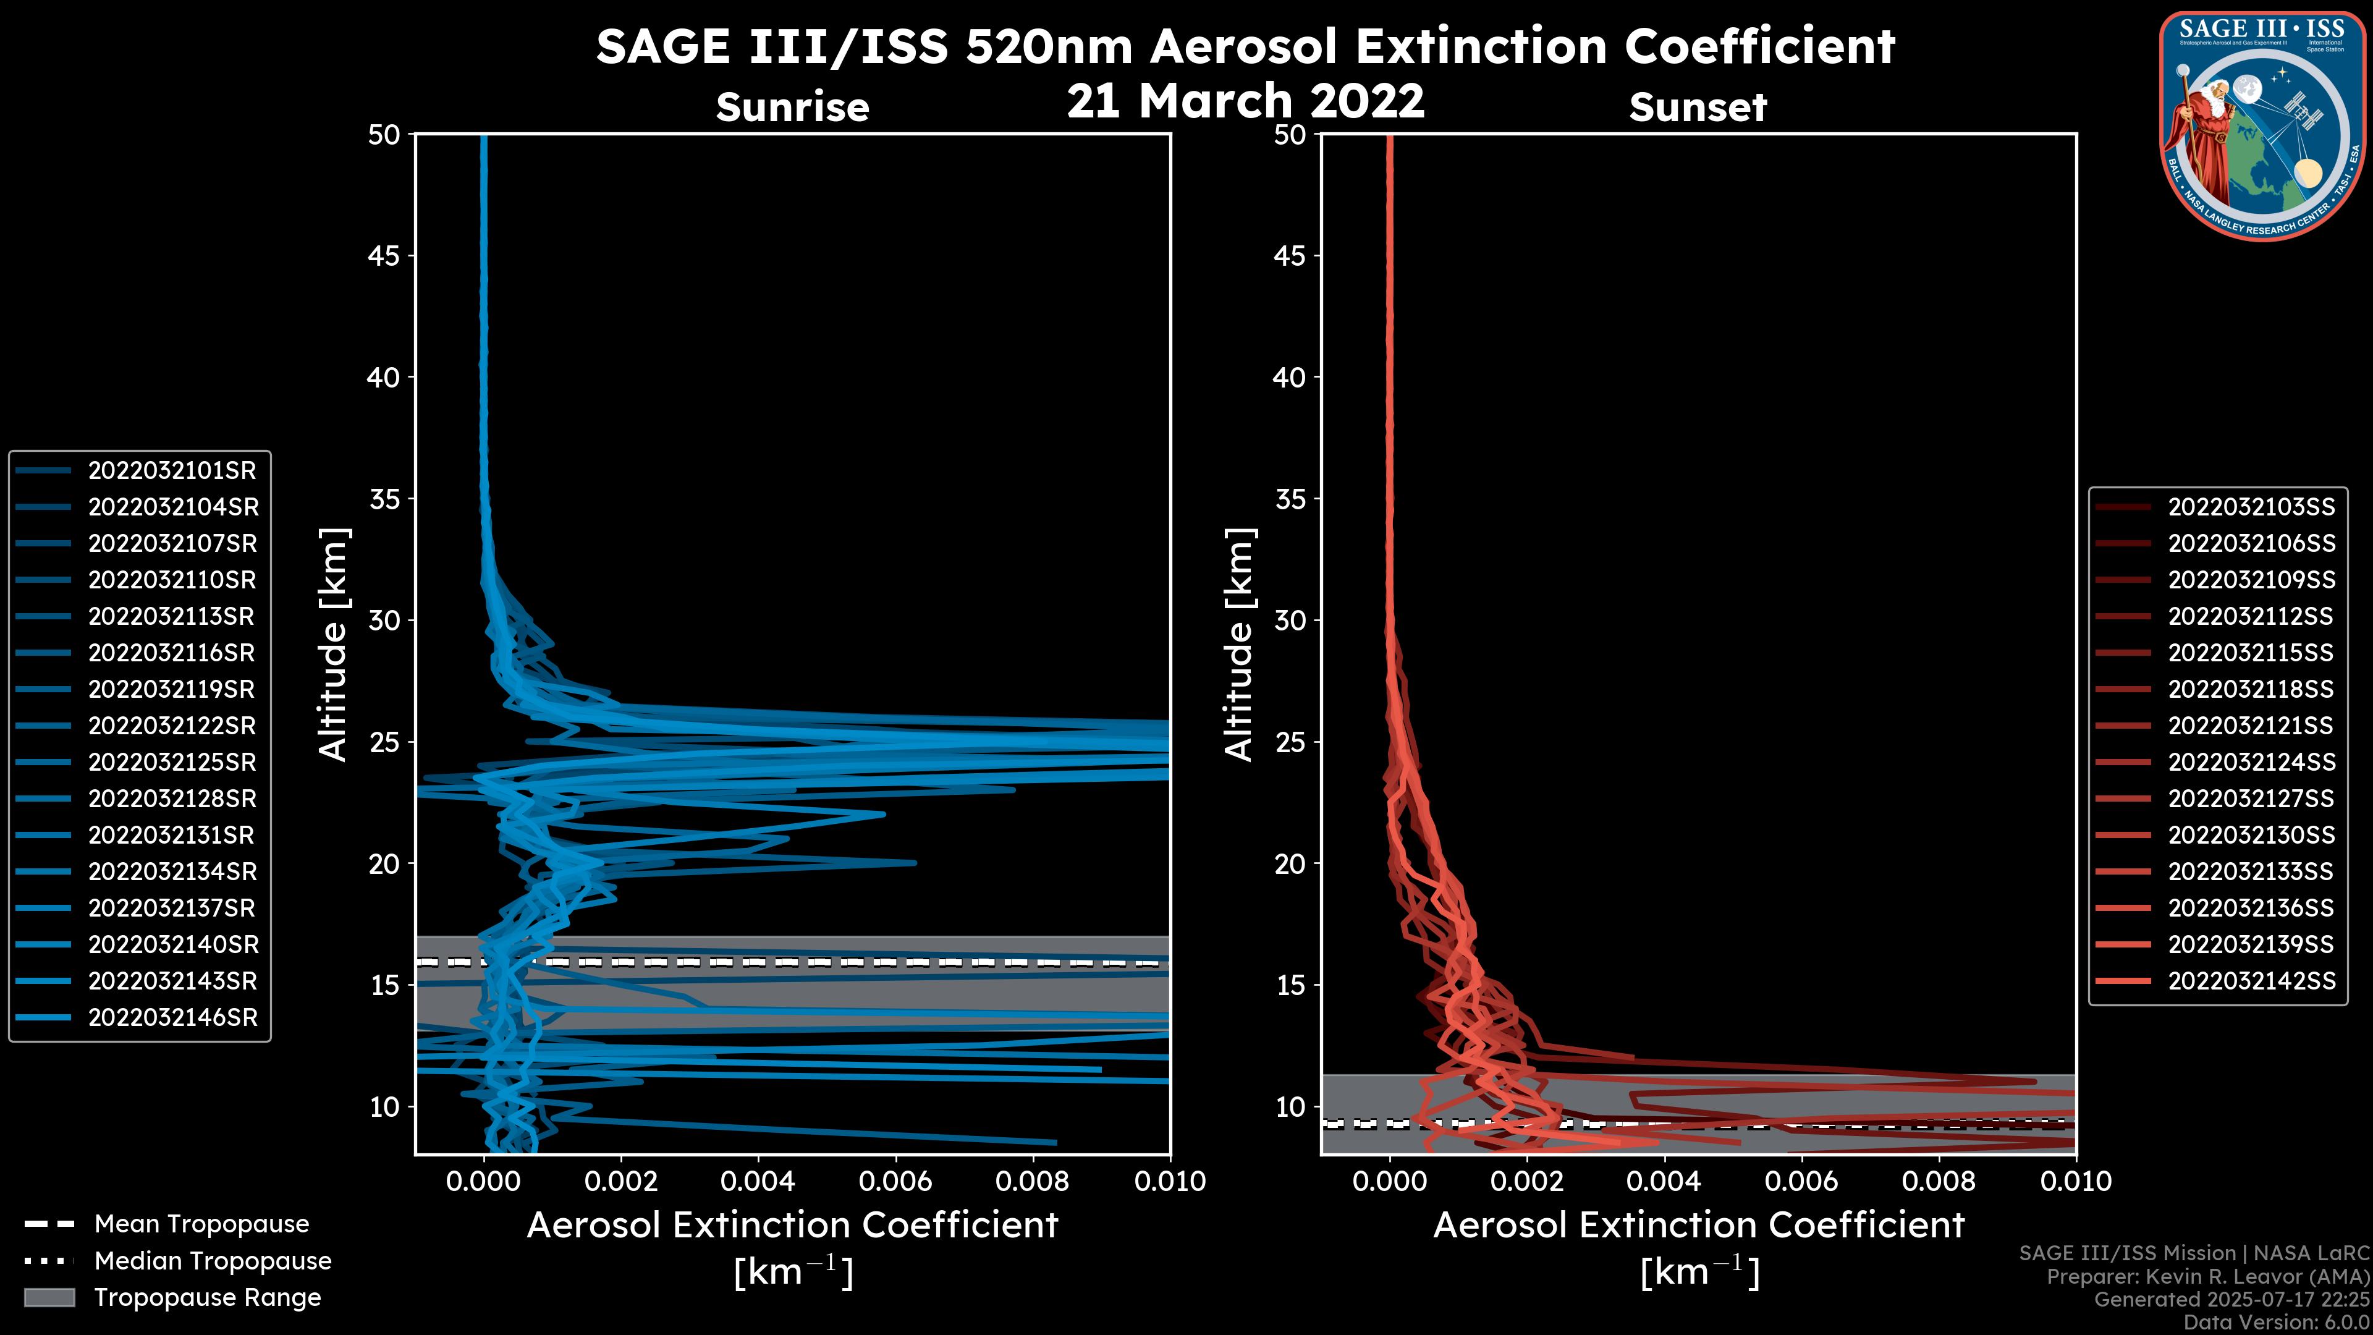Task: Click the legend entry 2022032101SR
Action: pos(171,471)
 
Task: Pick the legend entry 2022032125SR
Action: pos(171,763)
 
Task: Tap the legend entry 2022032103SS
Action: pos(2251,507)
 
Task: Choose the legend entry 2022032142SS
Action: pos(2251,981)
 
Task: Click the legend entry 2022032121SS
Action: pos(2251,726)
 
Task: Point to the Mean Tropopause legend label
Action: pos(201,1224)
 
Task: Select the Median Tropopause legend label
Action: pos(213,1261)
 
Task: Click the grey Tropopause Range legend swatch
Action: pos(49,1298)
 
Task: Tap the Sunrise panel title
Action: pos(792,108)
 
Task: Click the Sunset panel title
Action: pos(1698,108)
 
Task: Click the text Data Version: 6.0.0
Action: pos(2277,1323)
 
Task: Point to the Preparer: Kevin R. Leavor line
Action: pos(2207,1277)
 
